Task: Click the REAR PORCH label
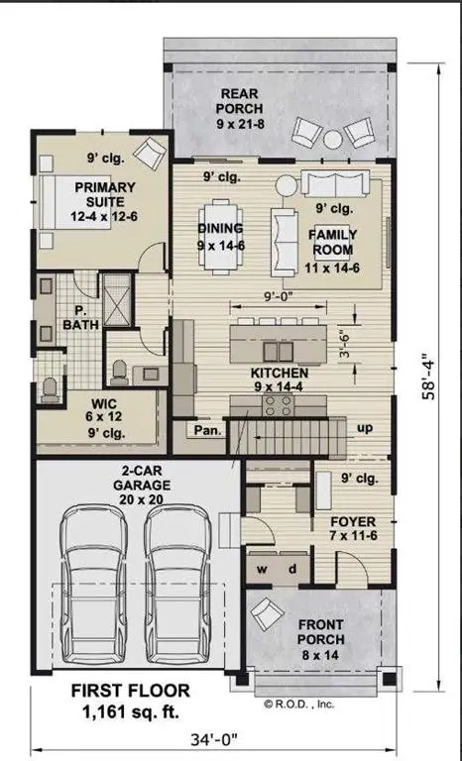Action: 240,101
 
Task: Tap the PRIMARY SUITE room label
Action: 104,194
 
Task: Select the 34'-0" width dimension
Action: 214,739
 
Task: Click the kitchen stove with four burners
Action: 279,405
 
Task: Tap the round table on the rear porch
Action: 333,140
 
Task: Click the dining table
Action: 221,237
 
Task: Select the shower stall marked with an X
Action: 117,299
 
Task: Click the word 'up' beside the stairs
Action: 365,428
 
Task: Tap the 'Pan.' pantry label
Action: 208,430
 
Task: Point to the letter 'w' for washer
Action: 262,570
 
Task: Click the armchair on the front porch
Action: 267,614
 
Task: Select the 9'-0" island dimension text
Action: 280,295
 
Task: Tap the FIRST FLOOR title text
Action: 130,691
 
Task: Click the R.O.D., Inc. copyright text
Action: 299,704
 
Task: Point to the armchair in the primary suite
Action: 150,153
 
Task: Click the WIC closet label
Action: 104,404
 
